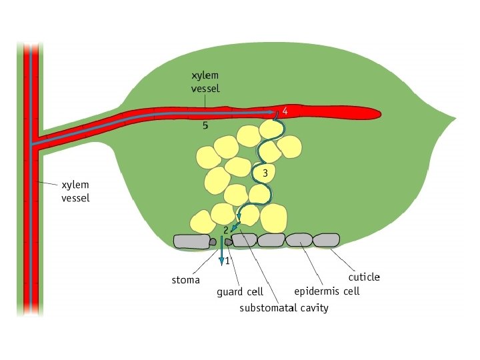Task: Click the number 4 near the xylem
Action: coord(285,111)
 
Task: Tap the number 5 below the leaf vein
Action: coord(206,125)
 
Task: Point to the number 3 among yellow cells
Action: coord(265,173)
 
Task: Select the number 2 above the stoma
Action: coord(227,229)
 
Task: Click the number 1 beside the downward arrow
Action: coord(227,261)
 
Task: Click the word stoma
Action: coord(186,280)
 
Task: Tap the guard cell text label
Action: coord(240,291)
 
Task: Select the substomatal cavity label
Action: coord(284,308)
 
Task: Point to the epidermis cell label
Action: coord(327,291)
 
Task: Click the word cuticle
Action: coord(365,277)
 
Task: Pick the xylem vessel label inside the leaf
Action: coord(205,83)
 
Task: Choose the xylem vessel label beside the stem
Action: coord(75,191)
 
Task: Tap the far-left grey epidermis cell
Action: coord(189,240)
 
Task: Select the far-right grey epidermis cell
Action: coord(327,239)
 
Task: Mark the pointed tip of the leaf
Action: coord(455,119)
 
